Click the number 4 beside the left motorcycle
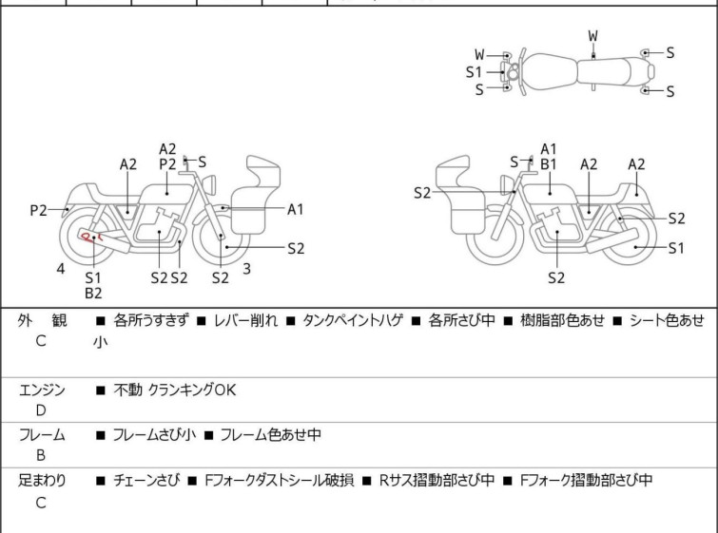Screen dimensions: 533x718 61,269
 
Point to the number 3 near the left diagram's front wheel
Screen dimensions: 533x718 246,269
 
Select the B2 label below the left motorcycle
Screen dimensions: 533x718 93,294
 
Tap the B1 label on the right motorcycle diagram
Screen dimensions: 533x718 549,163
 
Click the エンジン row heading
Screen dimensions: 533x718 42,390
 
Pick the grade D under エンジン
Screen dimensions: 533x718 40,409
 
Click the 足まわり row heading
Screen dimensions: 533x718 42,481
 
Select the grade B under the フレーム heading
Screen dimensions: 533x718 40,455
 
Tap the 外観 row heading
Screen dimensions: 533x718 42,321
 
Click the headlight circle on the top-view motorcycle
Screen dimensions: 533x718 513,72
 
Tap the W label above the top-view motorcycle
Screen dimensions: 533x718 592,35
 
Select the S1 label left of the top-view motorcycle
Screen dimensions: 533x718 474,71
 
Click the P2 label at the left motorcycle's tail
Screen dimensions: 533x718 38,210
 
